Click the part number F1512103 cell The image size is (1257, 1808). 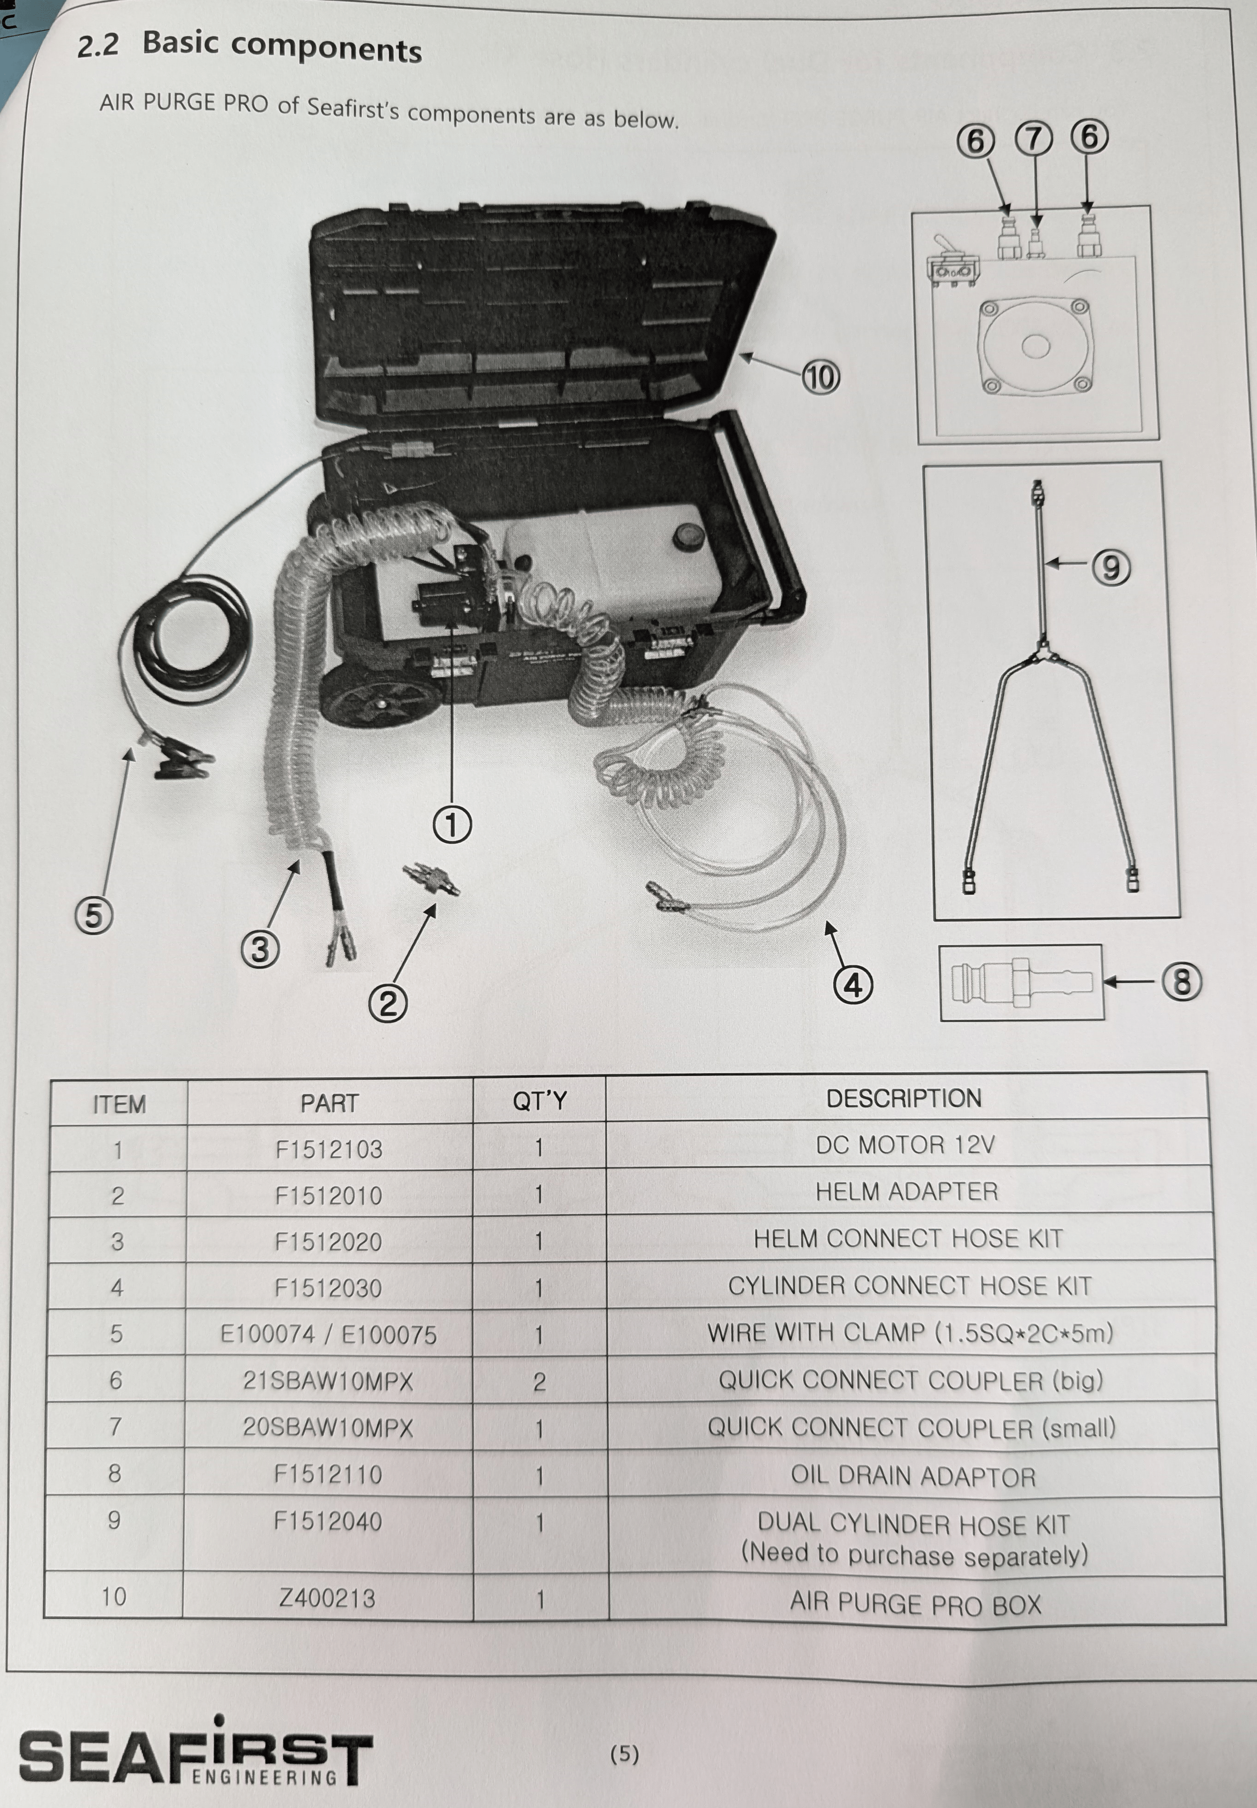click(329, 1149)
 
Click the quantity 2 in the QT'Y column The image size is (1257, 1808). click(539, 1382)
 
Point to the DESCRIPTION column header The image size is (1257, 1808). click(903, 1099)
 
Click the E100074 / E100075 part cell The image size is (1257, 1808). click(329, 1334)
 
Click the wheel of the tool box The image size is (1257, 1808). click(385, 695)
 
